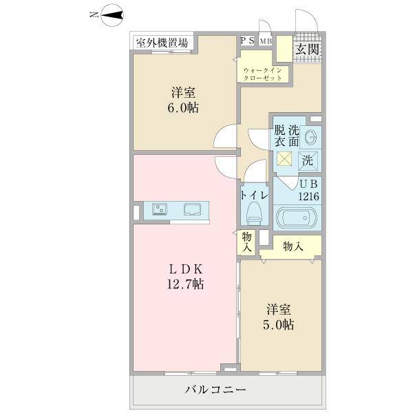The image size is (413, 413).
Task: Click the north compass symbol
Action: click(113, 14)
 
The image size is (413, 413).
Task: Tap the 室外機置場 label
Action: click(162, 43)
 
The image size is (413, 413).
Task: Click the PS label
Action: click(247, 41)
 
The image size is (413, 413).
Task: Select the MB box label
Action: click(266, 41)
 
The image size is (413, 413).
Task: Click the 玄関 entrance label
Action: click(308, 48)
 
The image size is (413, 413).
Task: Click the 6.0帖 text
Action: click(183, 108)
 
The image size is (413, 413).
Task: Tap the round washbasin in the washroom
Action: click(310, 135)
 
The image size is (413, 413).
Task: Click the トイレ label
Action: click(254, 194)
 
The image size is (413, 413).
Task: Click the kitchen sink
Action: click(192, 209)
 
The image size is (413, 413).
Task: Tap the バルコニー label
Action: click(215, 390)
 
